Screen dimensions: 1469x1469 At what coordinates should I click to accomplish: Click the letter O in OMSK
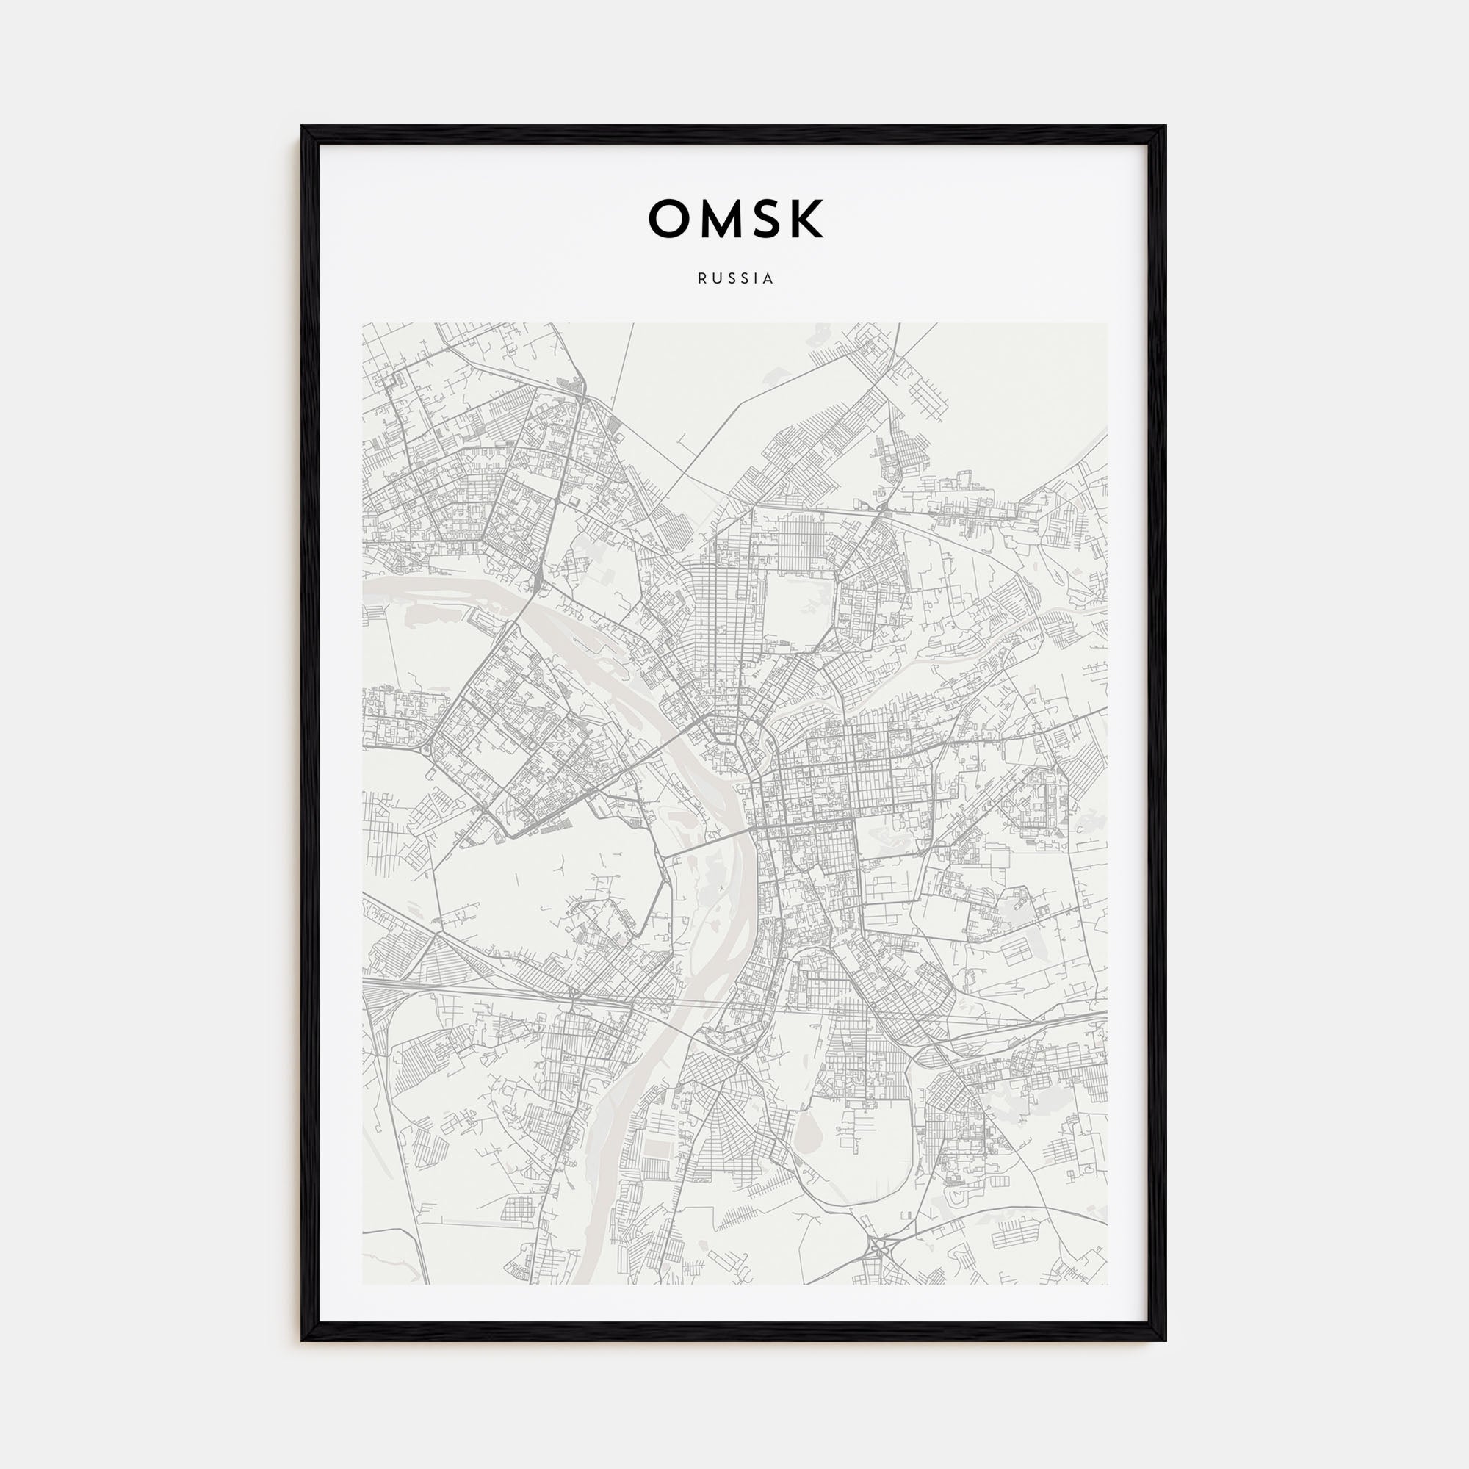tap(669, 219)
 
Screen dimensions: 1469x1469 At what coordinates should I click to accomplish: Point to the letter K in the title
tap(806, 219)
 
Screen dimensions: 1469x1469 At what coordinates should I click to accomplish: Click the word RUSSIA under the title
tap(734, 279)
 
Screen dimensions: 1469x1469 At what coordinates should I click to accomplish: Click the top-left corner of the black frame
tap(302, 127)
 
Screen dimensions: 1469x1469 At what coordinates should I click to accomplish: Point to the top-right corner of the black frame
tap(1165, 127)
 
